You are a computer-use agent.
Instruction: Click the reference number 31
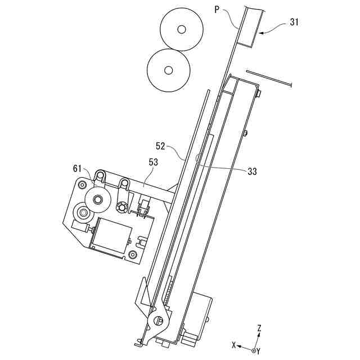click(x=294, y=22)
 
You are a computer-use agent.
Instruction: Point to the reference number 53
click(x=154, y=163)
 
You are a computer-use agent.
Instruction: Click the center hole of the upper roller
click(x=181, y=29)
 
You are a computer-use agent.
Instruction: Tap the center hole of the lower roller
click(x=168, y=70)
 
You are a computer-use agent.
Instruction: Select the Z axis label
click(x=259, y=328)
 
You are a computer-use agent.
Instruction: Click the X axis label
click(x=234, y=345)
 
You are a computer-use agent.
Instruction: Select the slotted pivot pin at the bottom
click(x=159, y=320)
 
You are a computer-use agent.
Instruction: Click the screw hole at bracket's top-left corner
click(x=82, y=184)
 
